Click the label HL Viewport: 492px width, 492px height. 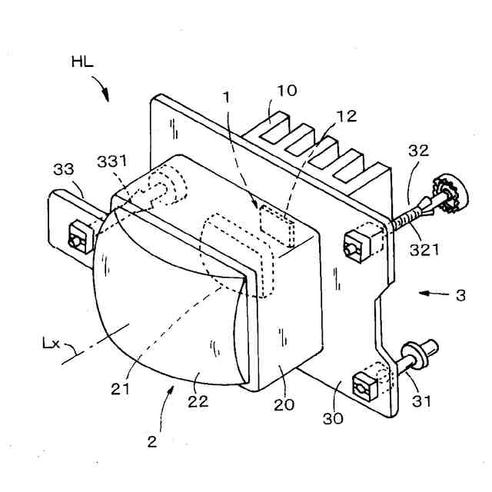pos(82,62)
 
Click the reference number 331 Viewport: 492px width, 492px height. pos(114,164)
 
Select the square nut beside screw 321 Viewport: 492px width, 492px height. pos(354,245)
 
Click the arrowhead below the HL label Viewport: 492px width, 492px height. pos(105,97)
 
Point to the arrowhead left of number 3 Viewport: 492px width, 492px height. pos(422,293)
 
